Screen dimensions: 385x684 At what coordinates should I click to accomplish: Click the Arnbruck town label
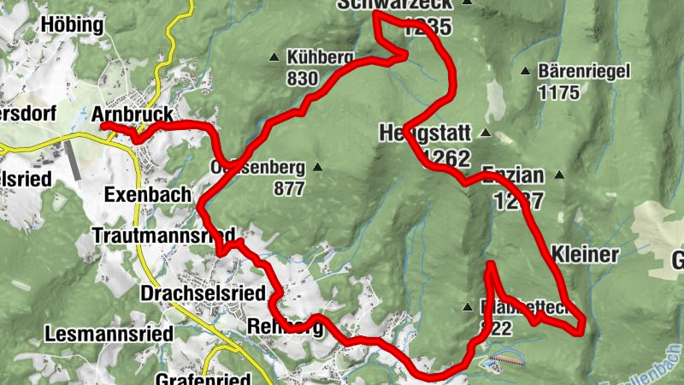133,115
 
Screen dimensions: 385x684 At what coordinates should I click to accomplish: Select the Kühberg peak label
321,57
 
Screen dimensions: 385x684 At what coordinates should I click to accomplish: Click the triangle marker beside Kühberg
274,58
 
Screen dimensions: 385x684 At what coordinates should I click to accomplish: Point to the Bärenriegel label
584,72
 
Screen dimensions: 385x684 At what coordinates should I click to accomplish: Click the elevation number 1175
559,92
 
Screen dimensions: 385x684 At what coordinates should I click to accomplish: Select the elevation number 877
289,189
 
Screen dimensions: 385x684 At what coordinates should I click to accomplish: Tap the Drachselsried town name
202,293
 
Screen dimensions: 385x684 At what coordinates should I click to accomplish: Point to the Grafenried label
203,379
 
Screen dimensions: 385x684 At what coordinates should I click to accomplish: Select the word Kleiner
586,254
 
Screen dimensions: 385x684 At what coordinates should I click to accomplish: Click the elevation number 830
303,79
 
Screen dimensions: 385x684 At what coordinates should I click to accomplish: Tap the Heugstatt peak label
424,133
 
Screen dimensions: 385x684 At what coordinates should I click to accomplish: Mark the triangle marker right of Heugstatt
485,133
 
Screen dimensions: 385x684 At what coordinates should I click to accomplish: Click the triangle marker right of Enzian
559,175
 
